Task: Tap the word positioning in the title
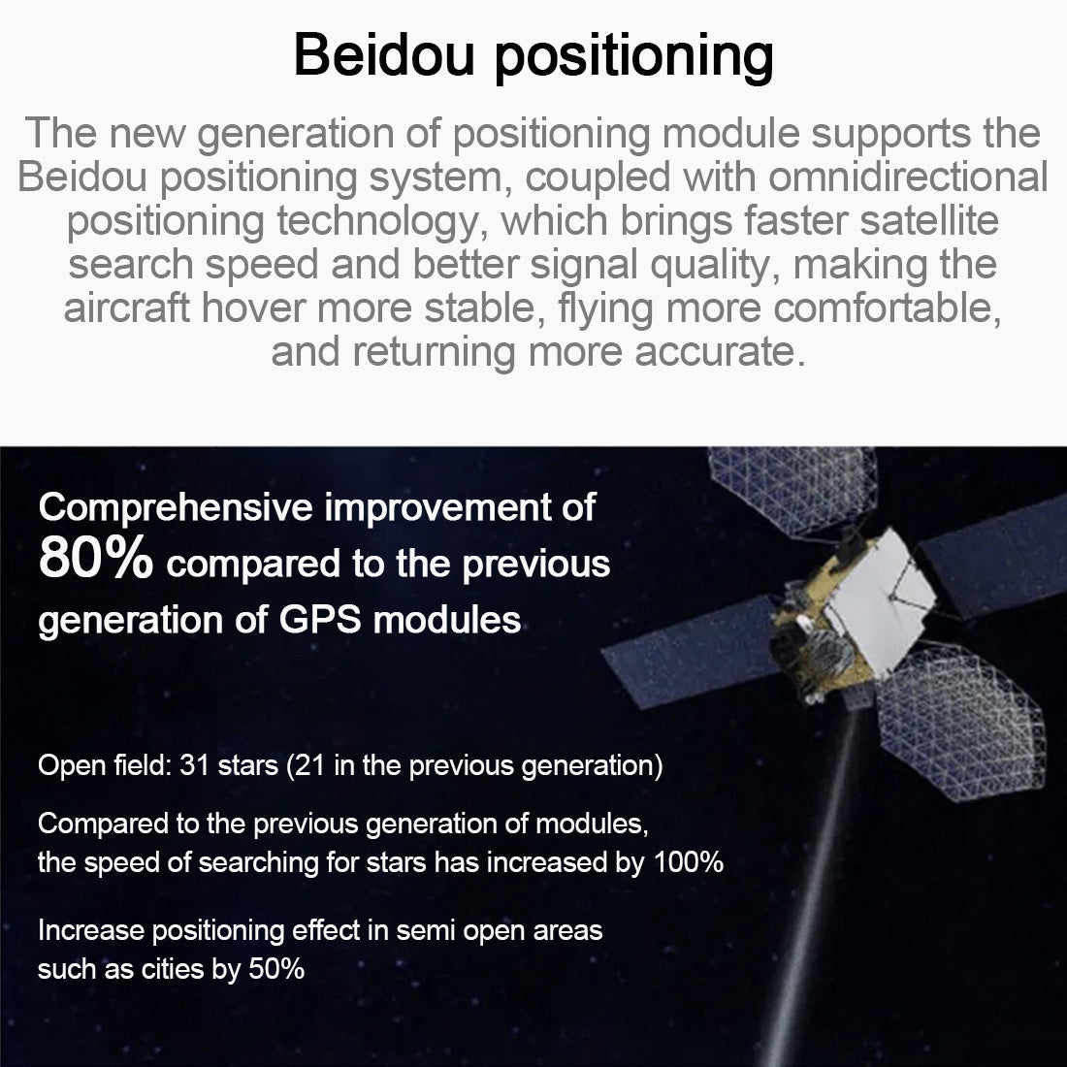634,58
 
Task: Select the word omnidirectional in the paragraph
908,177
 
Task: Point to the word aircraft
126,307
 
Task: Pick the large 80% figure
95,558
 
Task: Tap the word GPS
320,620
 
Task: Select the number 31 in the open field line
194,765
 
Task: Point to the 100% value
688,862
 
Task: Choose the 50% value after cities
276,969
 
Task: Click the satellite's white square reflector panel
881,600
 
